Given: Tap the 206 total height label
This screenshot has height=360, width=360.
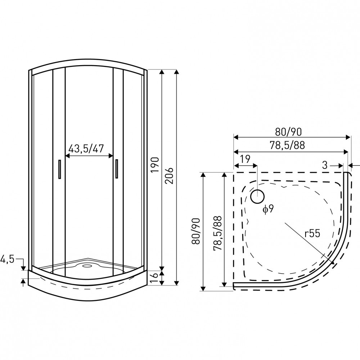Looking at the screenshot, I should (x=169, y=175).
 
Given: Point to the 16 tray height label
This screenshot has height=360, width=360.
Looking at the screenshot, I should (x=154, y=277).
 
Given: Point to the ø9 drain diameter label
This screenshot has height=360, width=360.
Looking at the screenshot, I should (x=268, y=210).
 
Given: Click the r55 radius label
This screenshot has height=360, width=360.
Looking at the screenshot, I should (x=312, y=234).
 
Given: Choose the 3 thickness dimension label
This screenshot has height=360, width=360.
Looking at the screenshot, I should (x=325, y=165).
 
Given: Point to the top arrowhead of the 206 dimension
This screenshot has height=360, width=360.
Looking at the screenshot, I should (x=176, y=72).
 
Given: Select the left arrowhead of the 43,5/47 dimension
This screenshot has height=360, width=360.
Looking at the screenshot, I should (x=67, y=156).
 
